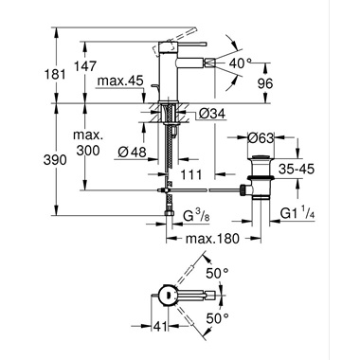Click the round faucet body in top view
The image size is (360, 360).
point(167,295)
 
